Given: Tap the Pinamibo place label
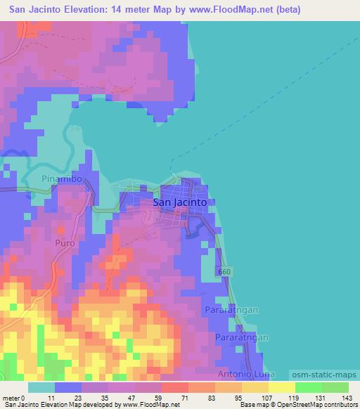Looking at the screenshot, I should coord(63,180).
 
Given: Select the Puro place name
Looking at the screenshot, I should coord(63,242).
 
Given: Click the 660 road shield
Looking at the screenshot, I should coord(224,271).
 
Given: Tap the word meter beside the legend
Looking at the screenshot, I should coord(12,398).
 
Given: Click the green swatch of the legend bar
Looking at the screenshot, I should coord(321,387).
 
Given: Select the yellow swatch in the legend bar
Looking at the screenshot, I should coord(281,387).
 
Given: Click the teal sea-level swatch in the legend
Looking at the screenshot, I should coord(41,387).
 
